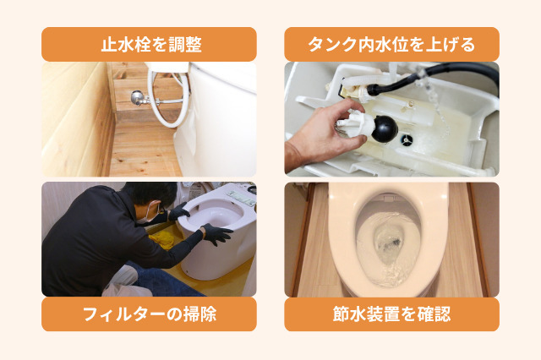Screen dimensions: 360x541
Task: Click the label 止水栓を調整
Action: tap(148, 44)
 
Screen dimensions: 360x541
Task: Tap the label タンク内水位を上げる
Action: tap(391, 44)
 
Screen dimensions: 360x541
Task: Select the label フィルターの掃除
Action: tap(148, 314)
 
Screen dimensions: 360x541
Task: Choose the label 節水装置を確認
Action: tap(391, 314)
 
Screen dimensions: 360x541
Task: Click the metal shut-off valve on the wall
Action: tap(136, 98)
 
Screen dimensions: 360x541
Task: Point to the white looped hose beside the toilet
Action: tap(167, 95)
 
